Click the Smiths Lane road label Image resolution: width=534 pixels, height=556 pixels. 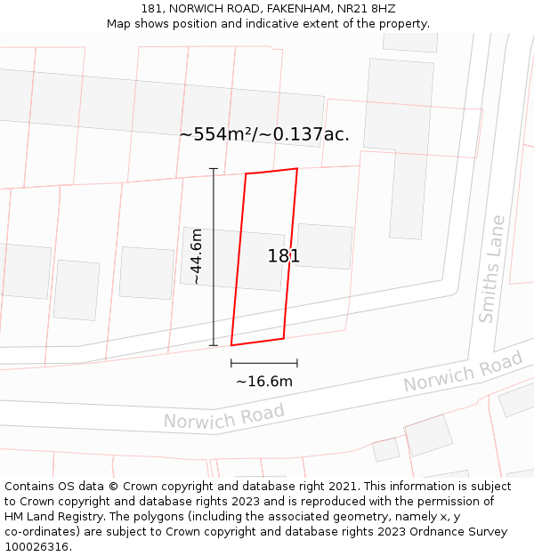[x=491, y=269]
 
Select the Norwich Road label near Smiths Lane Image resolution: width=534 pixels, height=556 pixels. [x=463, y=372]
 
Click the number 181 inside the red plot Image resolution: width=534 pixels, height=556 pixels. [x=284, y=256]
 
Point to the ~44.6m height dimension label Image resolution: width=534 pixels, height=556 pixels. [x=197, y=256]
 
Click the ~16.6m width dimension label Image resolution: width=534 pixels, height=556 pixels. [x=264, y=382]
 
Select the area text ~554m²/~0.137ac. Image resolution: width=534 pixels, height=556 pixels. [x=264, y=134]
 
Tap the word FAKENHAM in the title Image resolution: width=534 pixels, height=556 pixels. [x=290, y=8]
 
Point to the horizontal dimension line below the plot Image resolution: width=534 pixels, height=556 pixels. [x=264, y=363]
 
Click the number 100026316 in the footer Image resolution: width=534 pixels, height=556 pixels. [x=35, y=546]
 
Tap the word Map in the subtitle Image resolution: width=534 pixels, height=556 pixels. [x=119, y=23]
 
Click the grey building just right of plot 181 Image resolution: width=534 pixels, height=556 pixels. [x=324, y=246]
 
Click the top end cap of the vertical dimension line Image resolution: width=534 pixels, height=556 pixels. [x=214, y=168]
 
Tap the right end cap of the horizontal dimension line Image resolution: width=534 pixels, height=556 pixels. [x=297, y=363]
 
